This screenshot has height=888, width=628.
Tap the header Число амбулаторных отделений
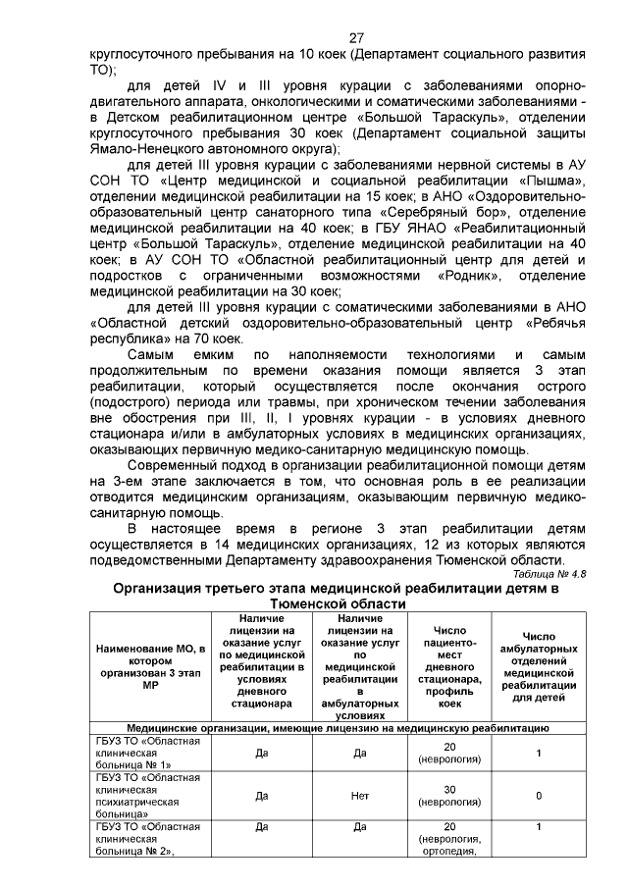point(539,657)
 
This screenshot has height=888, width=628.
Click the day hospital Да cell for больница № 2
point(261,827)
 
